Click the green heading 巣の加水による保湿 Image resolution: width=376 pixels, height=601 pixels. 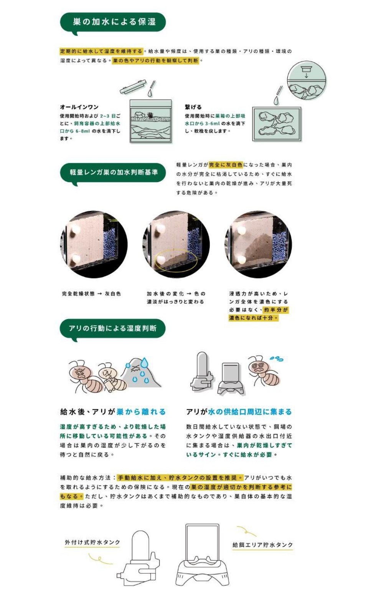coord(114,22)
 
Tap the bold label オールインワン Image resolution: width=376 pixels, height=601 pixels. coord(79,107)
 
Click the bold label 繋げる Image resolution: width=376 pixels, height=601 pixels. coord(193,107)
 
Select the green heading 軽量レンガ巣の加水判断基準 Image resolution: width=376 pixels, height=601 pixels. coord(114,172)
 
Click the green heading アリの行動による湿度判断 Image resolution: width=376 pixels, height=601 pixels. coord(112,328)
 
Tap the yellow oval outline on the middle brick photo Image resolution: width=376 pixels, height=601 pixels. coord(176,262)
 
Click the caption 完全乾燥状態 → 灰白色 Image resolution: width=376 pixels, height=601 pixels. coord(91,293)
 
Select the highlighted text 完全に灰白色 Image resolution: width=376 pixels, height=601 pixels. coord(226,165)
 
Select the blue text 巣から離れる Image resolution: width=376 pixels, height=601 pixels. coord(141,412)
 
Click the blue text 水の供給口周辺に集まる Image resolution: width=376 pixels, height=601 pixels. coord(249,412)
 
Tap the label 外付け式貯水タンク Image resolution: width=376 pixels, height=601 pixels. coord(92,542)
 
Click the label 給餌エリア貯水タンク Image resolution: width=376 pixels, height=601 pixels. coord(263,545)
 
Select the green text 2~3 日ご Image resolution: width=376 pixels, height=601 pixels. coord(110,116)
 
